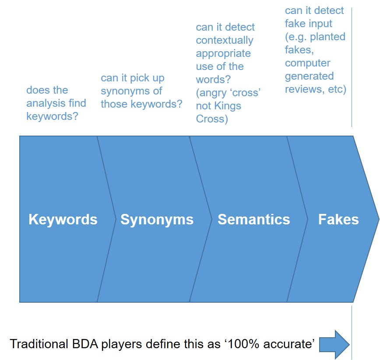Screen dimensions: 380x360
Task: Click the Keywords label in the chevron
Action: tap(63, 220)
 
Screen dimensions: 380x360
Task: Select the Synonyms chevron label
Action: tap(157, 220)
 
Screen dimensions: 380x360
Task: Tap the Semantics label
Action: tap(254, 219)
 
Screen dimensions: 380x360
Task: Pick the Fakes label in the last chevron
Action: tap(338, 219)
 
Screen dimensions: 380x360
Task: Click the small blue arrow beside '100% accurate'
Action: tap(334, 344)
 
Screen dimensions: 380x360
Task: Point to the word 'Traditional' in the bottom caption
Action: tap(39, 344)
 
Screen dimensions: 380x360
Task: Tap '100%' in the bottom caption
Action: tap(243, 344)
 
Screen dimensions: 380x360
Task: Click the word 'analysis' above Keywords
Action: tap(46, 103)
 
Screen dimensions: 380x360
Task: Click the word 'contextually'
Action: tap(225, 40)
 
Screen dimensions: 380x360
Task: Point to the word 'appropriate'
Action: tap(223, 54)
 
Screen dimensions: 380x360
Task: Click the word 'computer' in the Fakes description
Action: tap(307, 63)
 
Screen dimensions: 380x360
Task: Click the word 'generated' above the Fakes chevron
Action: tap(309, 77)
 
